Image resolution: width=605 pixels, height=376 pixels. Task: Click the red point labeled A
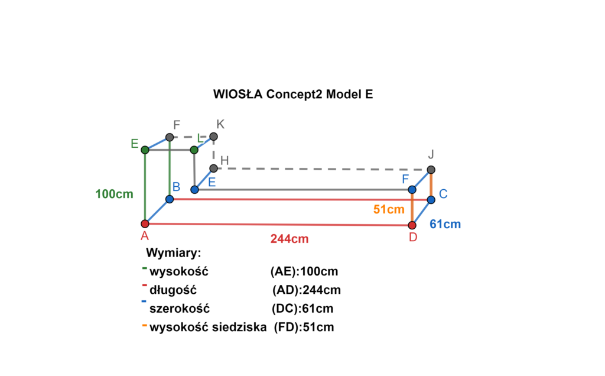(x=145, y=223)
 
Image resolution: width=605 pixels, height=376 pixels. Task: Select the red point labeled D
(x=412, y=225)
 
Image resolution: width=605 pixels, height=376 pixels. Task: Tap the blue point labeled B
(x=170, y=199)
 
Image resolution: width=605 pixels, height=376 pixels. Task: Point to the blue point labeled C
(x=431, y=200)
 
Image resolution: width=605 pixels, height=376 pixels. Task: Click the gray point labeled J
(x=431, y=170)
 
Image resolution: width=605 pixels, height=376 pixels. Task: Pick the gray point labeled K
(x=214, y=137)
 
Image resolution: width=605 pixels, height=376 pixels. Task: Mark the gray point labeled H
(x=213, y=168)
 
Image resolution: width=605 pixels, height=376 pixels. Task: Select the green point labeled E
(x=145, y=150)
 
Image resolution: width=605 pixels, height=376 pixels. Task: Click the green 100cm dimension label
(x=114, y=194)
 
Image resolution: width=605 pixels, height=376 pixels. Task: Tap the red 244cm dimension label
(x=290, y=239)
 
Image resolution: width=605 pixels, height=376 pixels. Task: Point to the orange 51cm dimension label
(x=389, y=209)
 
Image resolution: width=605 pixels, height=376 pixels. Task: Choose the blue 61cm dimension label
(x=445, y=225)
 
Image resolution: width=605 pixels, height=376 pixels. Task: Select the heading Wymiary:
(x=174, y=253)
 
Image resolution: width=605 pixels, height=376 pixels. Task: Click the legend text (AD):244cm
(x=307, y=290)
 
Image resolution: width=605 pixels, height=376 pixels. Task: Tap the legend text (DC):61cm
(x=302, y=309)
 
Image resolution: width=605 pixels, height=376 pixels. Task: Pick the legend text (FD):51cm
(x=304, y=327)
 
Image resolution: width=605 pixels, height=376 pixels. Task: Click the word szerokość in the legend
(x=180, y=309)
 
